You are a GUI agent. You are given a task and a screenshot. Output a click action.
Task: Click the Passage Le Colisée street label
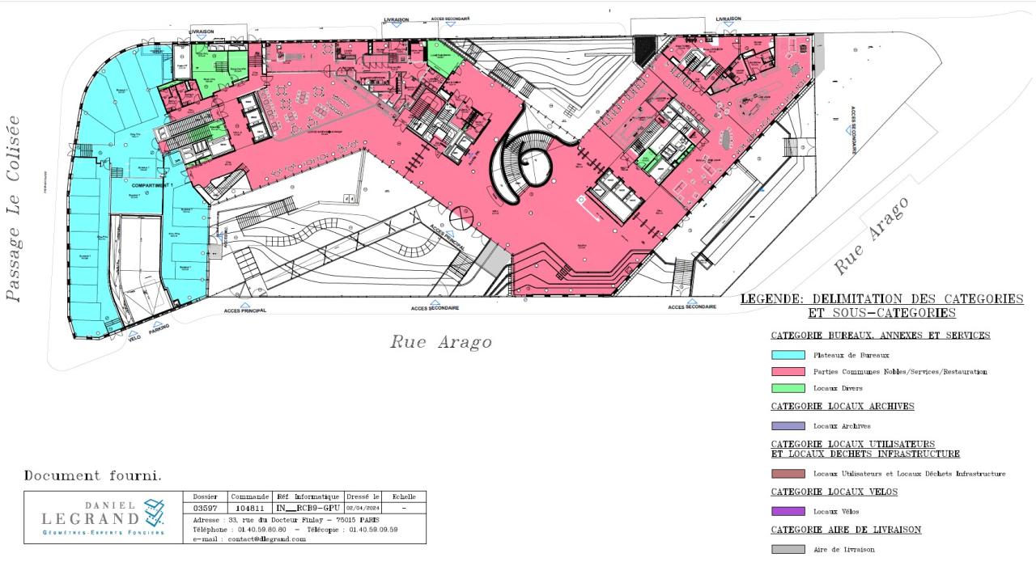14,208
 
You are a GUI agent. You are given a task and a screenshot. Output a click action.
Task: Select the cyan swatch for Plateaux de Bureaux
788,355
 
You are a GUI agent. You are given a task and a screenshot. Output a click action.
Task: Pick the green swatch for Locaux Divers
788,388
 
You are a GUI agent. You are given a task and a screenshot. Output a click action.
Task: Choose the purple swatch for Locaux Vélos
788,511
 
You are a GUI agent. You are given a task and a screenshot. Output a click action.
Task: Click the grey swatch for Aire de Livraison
788,549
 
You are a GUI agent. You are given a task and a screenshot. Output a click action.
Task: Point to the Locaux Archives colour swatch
788,425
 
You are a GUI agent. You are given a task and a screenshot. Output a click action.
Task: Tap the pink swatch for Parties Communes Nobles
788,372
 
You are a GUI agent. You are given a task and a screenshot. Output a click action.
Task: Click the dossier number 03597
206,508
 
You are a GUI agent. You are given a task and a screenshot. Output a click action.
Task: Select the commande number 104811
249,508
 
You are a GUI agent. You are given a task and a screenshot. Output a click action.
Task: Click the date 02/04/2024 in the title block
362,508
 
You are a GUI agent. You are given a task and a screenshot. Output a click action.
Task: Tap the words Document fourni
92,476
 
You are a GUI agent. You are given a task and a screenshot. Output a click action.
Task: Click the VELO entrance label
134,339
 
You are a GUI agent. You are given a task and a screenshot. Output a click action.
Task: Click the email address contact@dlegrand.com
250,539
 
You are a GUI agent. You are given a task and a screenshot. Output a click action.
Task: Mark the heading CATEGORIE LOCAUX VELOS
834,492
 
